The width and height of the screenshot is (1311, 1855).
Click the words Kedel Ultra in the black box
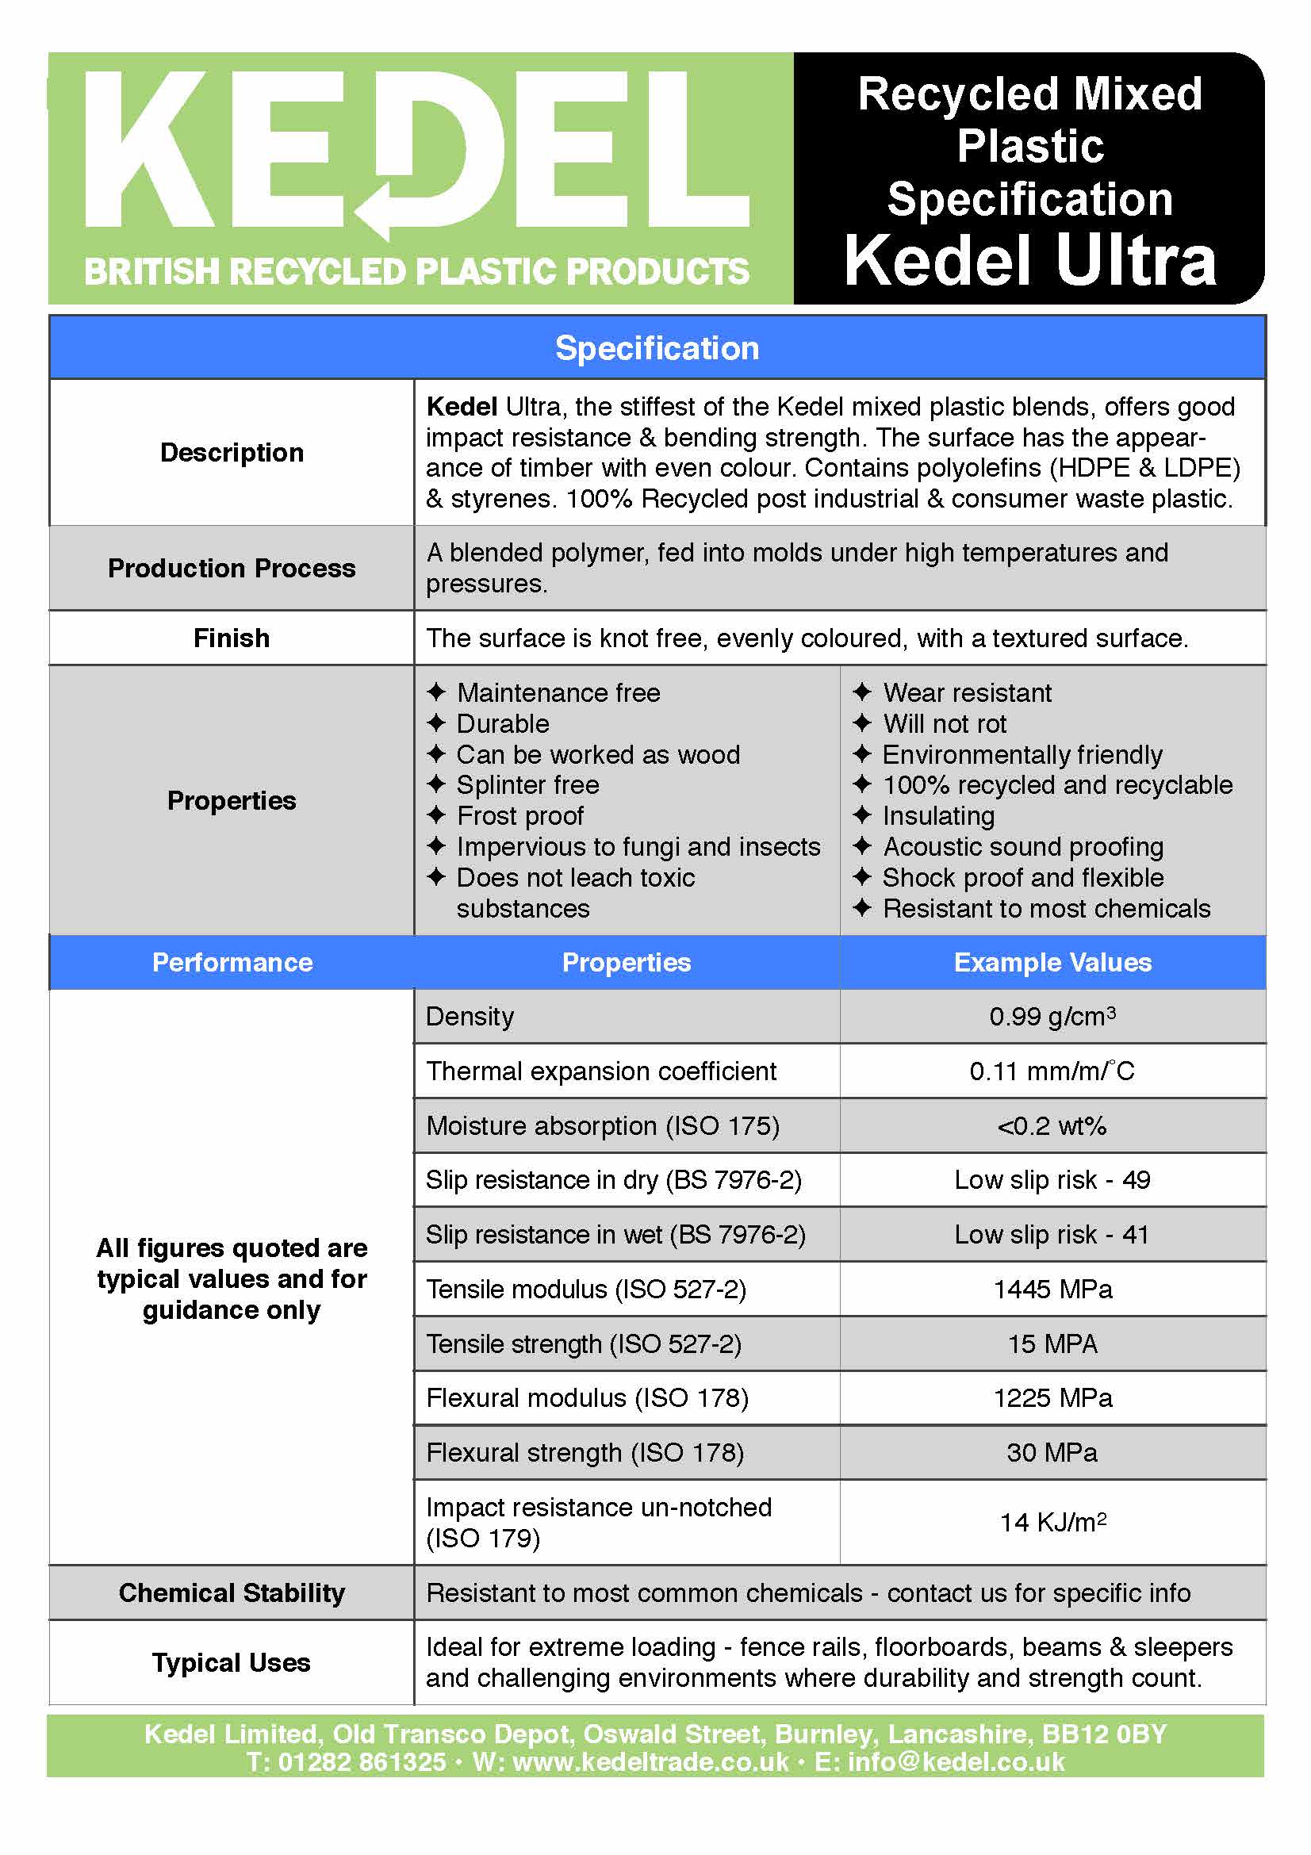click(1029, 261)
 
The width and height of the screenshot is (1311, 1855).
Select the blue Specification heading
click(657, 348)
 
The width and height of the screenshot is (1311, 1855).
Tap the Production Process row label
click(232, 569)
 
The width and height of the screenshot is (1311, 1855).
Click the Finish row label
click(232, 638)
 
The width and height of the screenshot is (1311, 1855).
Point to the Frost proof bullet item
click(519, 816)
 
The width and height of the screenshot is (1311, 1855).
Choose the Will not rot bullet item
click(945, 724)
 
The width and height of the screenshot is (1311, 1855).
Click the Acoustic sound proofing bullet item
click(1022, 847)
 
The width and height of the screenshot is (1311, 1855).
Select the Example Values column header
click(1052, 962)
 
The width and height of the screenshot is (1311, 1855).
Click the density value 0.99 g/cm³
click(1052, 1017)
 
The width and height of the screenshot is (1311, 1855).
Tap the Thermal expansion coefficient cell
click(601, 1071)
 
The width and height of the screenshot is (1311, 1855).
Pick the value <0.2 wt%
click(1052, 1126)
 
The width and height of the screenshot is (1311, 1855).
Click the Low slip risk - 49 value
click(1052, 1180)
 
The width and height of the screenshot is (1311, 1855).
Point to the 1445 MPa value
click(1052, 1290)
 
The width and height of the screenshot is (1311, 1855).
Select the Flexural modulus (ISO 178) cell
click(587, 1398)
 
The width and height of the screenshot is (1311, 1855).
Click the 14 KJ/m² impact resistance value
click(1052, 1523)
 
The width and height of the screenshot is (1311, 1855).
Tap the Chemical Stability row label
click(232, 1592)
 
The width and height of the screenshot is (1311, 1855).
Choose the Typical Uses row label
click(232, 1663)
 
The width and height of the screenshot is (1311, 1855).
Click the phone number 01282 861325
click(361, 1761)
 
